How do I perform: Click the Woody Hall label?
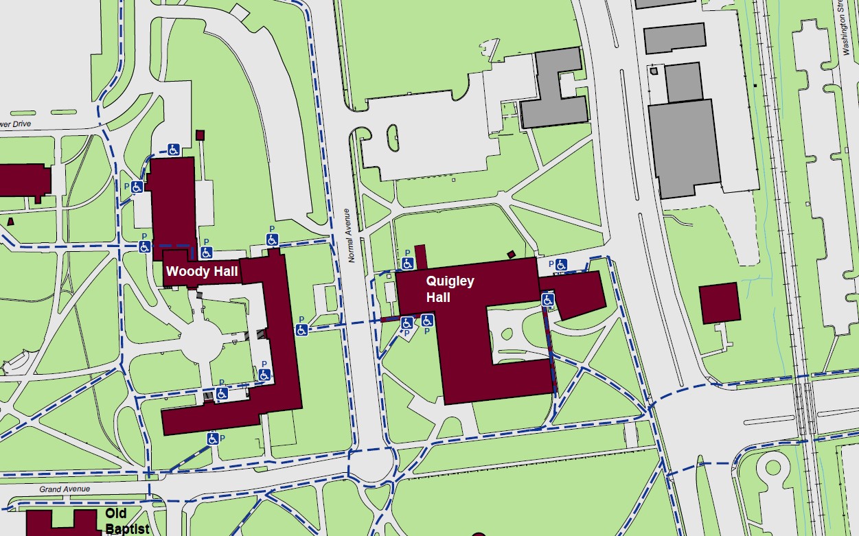(202, 272)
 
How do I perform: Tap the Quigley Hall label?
(450, 289)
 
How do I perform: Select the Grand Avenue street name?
(65, 489)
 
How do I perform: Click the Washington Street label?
(847, 27)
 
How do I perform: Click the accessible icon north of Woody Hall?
(174, 149)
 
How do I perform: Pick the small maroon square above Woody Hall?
(201, 135)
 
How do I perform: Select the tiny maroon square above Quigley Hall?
(511, 255)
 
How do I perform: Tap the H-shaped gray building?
(554, 89)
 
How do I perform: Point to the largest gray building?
(685, 148)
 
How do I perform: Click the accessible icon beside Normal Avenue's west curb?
(301, 330)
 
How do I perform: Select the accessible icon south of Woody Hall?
(213, 438)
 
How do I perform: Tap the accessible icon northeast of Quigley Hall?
(561, 265)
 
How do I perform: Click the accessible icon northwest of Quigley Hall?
(407, 264)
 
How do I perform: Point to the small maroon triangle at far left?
(10, 221)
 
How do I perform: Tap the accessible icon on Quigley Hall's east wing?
(547, 300)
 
